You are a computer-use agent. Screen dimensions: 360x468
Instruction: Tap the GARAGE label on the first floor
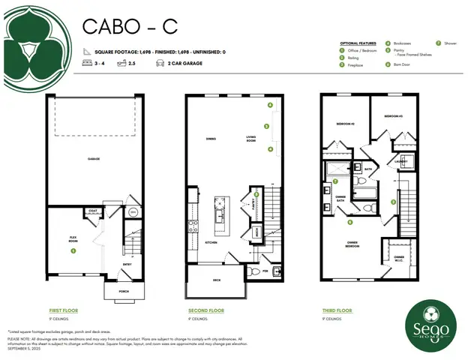[x=93, y=159]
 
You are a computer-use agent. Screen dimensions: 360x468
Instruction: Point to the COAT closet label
[x=94, y=211]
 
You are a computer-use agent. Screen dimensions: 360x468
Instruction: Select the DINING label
[x=211, y=139]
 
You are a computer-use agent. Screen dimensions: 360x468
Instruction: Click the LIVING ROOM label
[x=253, y=138]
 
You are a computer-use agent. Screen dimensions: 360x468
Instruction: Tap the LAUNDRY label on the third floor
[x=400, y=160]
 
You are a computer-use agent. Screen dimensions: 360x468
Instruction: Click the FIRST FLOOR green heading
[x=63, y=310]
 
